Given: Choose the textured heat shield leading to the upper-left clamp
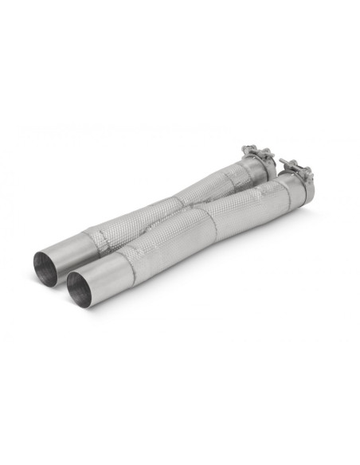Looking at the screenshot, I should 211,182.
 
